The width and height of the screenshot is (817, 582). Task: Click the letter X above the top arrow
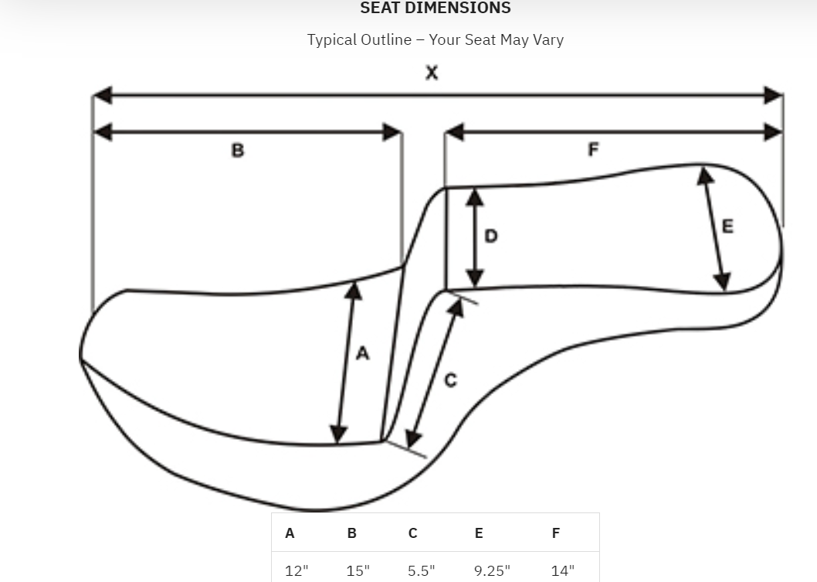432,73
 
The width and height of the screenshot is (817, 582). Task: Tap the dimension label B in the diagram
238,150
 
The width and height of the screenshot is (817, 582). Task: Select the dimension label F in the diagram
593,150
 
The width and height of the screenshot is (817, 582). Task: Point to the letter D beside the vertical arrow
491,237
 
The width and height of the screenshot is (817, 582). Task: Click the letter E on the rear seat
727,226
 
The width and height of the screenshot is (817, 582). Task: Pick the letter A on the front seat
363,353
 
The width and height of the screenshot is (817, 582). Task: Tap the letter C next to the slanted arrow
451,380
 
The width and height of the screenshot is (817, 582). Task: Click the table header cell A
290,533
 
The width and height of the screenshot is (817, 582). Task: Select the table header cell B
351,533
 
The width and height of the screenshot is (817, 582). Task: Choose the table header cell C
412,533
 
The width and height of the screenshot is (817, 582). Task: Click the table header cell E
479,533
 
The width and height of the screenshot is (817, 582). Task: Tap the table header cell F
556,533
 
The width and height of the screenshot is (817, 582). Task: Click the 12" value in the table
297,570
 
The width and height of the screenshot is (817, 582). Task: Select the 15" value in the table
358,570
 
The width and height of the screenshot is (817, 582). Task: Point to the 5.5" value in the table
422,570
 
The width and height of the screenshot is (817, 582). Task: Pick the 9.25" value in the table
493,570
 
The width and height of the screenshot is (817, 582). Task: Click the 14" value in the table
563,570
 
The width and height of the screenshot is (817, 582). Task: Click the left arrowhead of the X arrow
103,95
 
